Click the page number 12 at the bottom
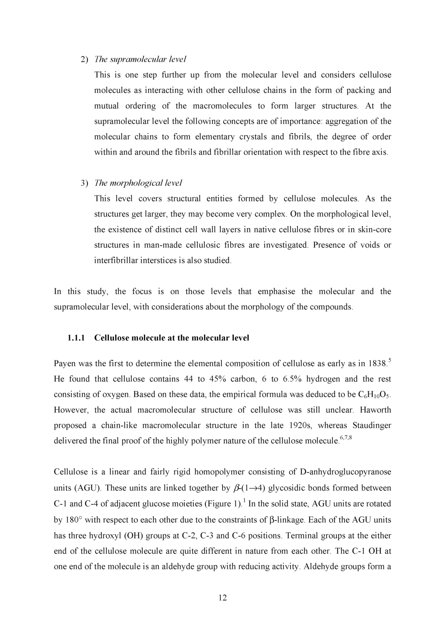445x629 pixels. click(x=222, y=598)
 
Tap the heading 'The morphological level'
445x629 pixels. click(x=138, y=183)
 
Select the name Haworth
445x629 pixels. click(x=375, y=410)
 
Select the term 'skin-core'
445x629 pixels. click(x=375, y=230)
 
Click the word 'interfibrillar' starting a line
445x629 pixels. click(x=116, y=260)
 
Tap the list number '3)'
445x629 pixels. click(x=85, y=183)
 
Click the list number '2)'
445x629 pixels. click(x=85, y=59)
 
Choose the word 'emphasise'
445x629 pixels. click(x=276, y=292)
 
